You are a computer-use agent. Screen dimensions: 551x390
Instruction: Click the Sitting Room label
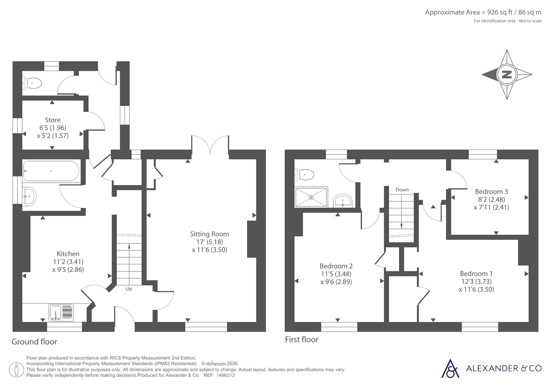point(209,234)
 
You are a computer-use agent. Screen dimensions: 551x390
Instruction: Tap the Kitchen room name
point(68,254)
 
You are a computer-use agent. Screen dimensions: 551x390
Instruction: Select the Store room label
point(53,120)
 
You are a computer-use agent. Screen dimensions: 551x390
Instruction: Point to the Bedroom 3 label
point(491,192)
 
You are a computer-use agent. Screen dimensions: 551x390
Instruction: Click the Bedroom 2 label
point(336,266)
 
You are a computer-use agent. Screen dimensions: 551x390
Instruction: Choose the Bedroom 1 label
point(476,273)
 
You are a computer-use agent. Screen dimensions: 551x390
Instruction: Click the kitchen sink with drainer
point(61,313)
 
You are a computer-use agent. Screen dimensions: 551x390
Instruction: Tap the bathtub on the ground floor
point(51,171)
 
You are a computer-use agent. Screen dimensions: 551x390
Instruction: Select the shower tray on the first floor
point(311,197)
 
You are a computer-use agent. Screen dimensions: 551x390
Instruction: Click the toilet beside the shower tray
point(304,175)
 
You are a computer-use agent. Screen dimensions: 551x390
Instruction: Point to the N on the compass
point(507,74)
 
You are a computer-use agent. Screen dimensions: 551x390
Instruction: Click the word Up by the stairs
point(129,289)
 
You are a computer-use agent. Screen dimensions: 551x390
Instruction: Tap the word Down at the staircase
point(402,190)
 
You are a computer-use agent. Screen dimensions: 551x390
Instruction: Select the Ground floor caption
point(34,341)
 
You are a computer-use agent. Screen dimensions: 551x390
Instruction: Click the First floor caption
point(302,340)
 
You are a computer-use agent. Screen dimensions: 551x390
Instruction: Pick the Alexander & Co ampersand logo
point(450,369)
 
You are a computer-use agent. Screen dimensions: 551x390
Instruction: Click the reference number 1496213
point(225,375)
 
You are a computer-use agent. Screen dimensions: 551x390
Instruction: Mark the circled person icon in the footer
point(16,370)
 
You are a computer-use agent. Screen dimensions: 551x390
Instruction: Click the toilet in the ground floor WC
point(32,83)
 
